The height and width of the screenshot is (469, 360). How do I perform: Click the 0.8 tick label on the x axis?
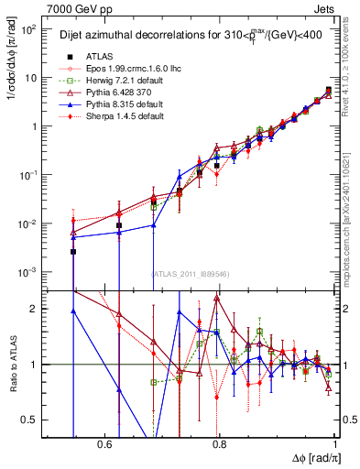[x=219, y=444]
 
